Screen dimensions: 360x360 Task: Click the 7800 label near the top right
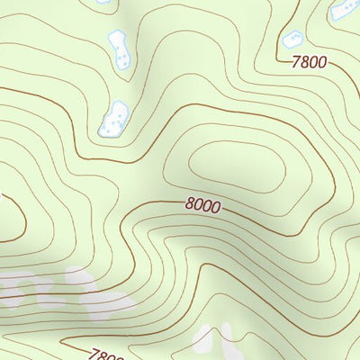[309, 63]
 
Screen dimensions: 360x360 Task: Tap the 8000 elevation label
[202, 205]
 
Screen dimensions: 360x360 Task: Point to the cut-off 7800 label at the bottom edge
[106, 354]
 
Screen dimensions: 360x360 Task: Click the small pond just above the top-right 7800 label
[293, 39]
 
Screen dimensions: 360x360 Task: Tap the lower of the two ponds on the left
[114, 118]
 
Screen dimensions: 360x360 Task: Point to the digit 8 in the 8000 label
[190, 203]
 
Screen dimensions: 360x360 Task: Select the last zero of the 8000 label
[215, 208]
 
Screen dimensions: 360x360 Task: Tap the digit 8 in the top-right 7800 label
[304, 62]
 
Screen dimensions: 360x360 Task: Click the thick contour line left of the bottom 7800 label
[72, 343]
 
